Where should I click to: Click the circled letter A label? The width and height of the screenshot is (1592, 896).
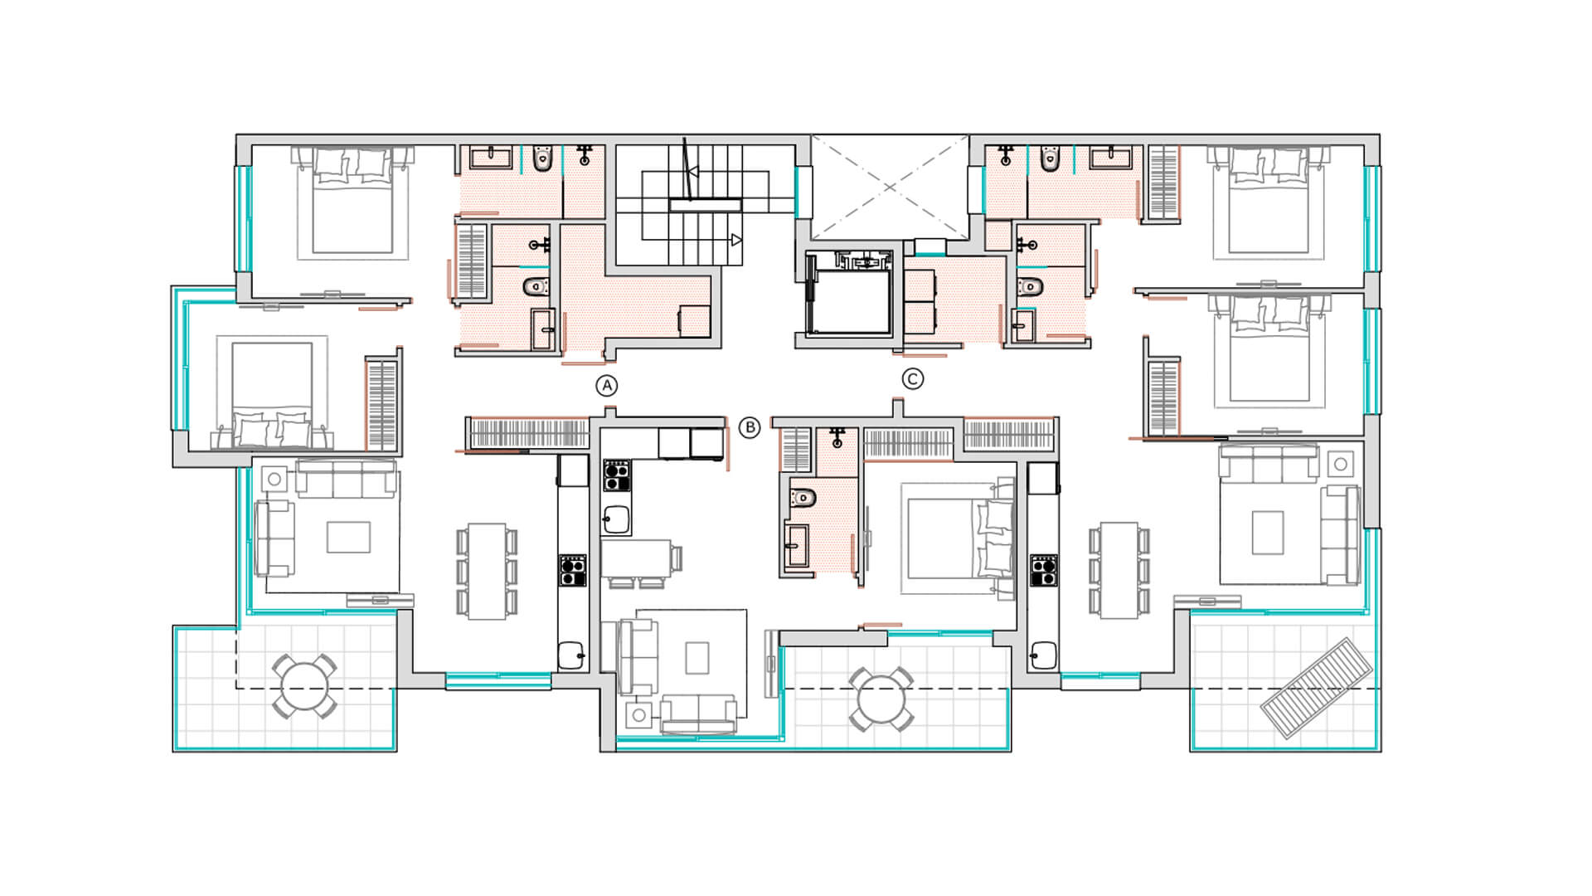pos(607,386)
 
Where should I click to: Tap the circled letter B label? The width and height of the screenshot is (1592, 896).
pos(749,428)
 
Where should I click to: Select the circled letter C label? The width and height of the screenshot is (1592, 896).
pos(912,379)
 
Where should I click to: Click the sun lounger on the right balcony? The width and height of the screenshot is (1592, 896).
pos(1316,688)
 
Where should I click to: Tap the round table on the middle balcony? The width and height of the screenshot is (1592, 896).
pos(881,699)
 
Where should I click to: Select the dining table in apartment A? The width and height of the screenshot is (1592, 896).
pos(487,571)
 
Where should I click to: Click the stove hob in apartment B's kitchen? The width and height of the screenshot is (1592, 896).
pos(616,475)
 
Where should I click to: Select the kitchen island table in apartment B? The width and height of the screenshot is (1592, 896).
pos(637,558)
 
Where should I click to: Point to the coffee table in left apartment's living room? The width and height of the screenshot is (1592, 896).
pos(348,537)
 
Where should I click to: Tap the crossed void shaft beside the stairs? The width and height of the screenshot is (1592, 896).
pos(890,187)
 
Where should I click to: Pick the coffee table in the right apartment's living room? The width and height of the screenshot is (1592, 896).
pos(1268,533)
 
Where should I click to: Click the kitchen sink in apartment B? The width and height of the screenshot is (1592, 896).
pos(615,520)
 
